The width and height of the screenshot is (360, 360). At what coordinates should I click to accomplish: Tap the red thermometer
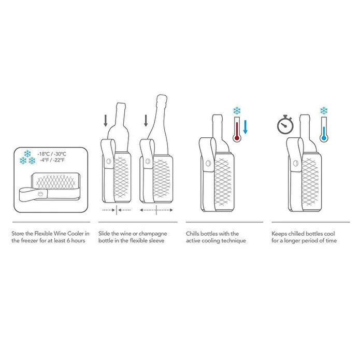click(x=237, y=129)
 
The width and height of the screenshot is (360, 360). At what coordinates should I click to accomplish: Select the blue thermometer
click(x=324, y=129)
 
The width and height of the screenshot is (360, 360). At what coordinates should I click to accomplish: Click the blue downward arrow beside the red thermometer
click(x=245, y=127)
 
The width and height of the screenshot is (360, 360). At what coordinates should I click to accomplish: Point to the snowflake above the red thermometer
click(x=237, y=111)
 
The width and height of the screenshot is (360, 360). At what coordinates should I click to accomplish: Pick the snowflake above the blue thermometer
click(x=324, y=111)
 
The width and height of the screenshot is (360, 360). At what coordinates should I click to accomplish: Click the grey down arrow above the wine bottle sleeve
click(x=105, y=121)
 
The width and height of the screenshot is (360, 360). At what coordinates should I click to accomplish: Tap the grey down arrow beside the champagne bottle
click(x=146, y=121)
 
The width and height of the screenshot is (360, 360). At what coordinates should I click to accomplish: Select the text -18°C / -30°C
click(x=52, y=154)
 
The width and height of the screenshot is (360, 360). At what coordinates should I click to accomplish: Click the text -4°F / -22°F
click(x=52, y=160)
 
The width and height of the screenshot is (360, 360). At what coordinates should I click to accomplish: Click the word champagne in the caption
click(x=153, y=234)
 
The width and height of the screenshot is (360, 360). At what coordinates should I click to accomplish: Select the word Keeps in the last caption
click(x=279, y=234)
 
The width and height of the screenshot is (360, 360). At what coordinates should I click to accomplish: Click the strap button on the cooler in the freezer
click(x=40, y=194)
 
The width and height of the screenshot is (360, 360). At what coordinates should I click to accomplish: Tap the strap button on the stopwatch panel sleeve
click(x=296, y=163)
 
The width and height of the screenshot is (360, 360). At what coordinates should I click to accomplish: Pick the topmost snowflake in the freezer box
click(x=27, y=154)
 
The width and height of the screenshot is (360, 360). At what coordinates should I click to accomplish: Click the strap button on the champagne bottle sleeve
click(x=148, y=161)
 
